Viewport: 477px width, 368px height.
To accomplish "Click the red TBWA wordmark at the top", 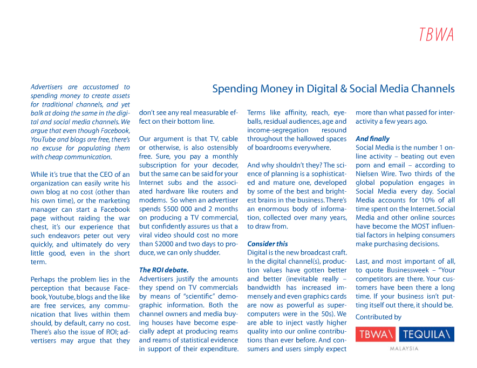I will click(x=437, y=34).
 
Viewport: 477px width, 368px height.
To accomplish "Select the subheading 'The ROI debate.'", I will click(x=164, y=270).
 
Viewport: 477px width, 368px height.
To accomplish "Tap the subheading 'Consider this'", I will click(x=268, y=244).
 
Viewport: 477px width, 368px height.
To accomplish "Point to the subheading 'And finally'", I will click(x=372, y=139).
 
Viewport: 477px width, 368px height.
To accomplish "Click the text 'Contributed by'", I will click(x=378, y=317).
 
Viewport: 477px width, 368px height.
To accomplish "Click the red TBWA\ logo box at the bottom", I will click(x=376, y=334).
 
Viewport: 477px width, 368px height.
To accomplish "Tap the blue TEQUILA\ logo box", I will click(x=426, y=334).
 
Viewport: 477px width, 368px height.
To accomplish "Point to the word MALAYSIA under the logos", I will click(x=404, y=349).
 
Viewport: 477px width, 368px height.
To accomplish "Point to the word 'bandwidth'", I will click(x=264, y=288).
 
